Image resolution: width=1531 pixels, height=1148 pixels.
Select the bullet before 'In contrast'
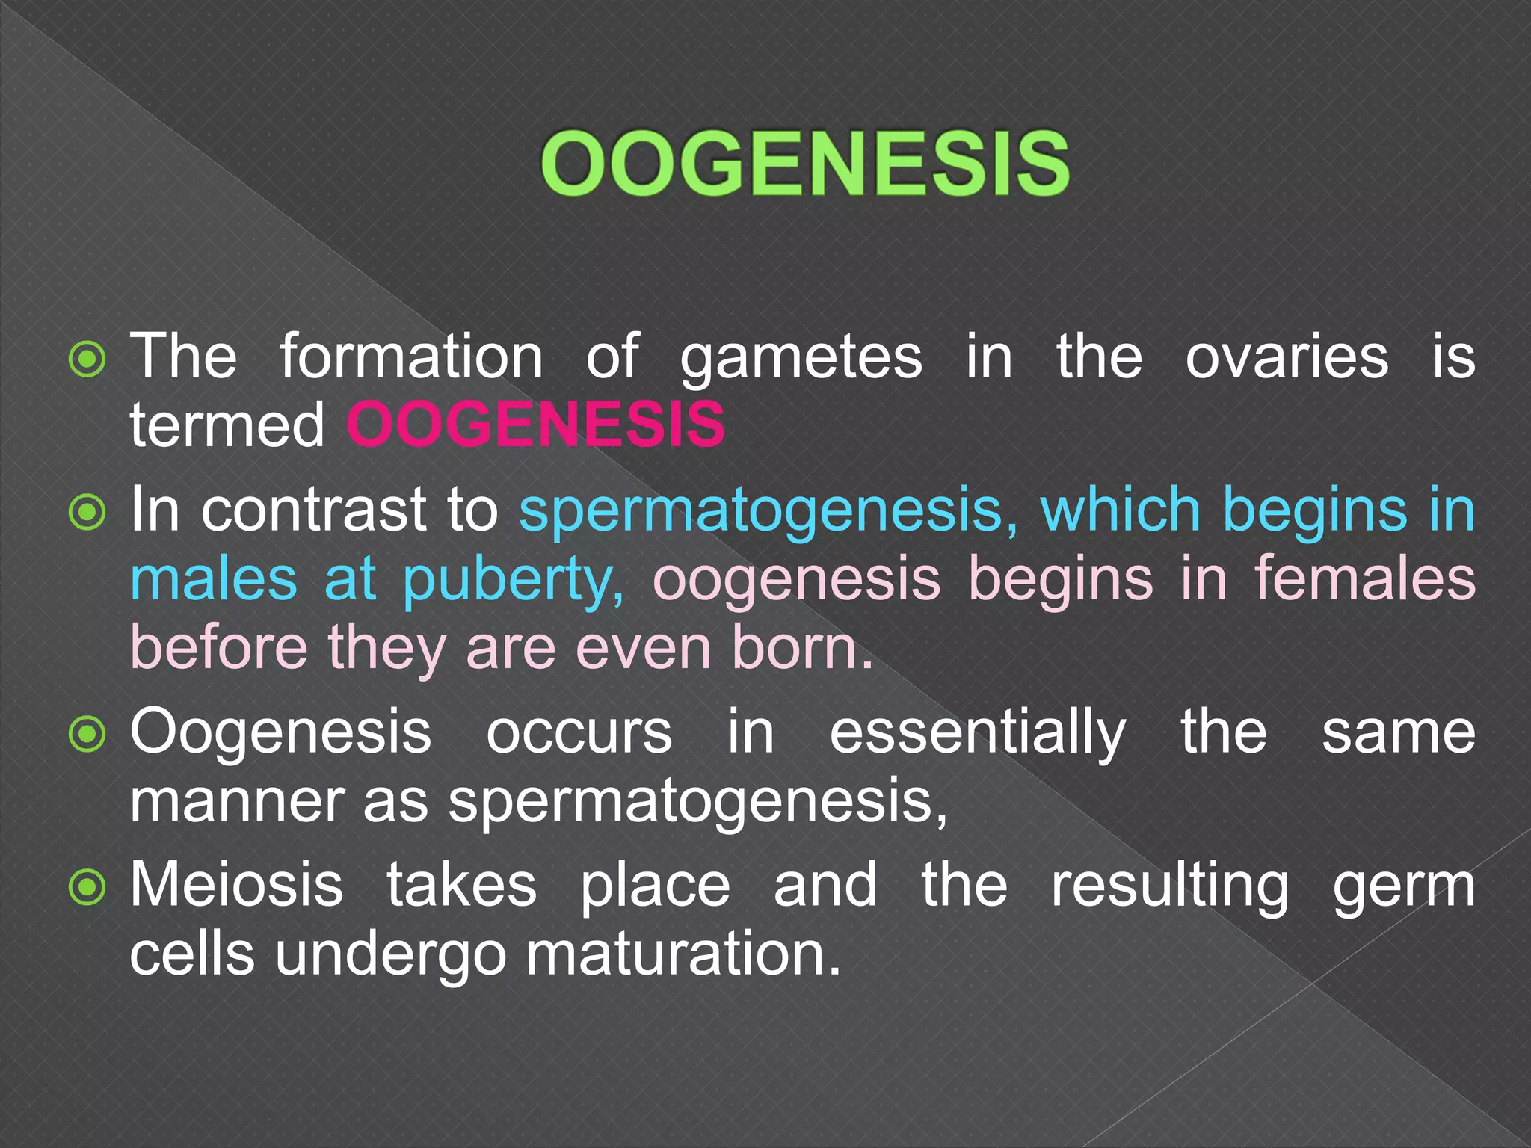[87, 513]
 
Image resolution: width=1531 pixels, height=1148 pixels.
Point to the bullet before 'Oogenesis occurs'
[87, 735]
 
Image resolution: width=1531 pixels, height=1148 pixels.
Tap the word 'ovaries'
[1287, 357]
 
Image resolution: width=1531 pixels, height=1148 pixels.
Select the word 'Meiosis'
[236, 885]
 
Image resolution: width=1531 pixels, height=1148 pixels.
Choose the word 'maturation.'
[683, 954]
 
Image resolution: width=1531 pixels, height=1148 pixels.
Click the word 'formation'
[412, 357]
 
